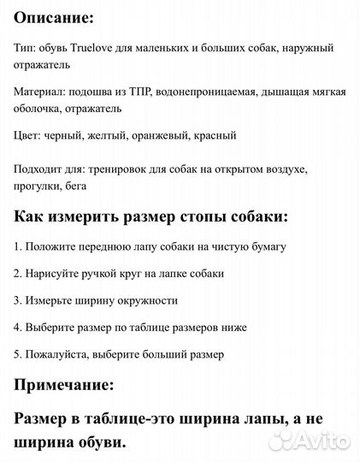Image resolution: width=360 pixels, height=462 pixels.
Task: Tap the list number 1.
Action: [18, 246]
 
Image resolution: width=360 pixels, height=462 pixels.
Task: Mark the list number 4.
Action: [18, 327]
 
